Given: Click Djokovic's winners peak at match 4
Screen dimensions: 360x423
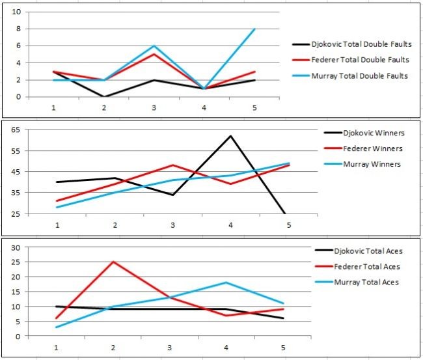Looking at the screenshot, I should coord(230,136).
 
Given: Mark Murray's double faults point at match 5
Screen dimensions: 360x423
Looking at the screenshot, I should coord(254,29).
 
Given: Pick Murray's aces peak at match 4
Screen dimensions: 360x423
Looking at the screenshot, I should coord(226,283).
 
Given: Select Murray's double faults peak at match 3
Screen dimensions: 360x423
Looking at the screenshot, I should coord(154,46).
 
